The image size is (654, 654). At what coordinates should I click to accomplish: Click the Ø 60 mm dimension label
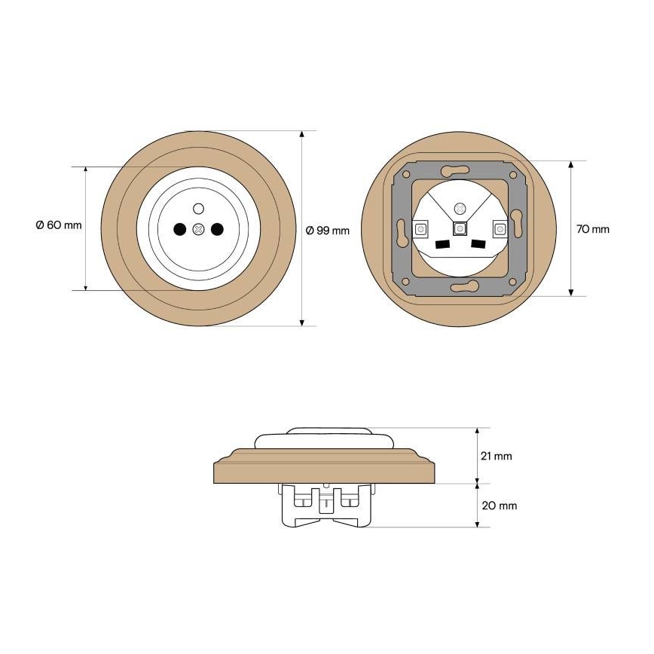click(x=59, y=225)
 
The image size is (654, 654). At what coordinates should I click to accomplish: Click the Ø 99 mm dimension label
click(x=328, y=231)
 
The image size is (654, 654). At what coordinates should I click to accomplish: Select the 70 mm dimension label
click(x=593, y=229)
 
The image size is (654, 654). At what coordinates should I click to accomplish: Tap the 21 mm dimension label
click(x=496, y=456)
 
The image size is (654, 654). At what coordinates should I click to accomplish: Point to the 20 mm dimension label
click(x=500, y=506)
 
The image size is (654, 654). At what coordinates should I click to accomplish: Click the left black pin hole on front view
click(x=179, y=229)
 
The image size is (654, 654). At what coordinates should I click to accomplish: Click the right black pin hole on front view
click(x=217, y=229)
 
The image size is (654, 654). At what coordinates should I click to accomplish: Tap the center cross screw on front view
click(x=199, y=229)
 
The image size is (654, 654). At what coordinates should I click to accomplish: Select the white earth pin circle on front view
click(x=199, y=208)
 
